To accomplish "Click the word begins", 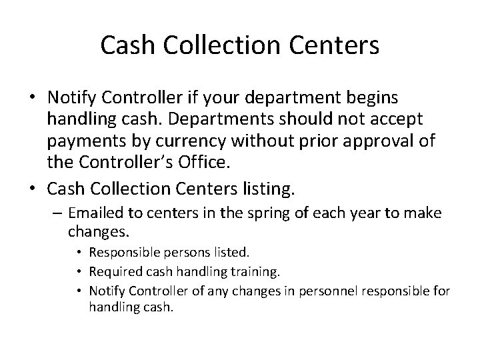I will (370, 98).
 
